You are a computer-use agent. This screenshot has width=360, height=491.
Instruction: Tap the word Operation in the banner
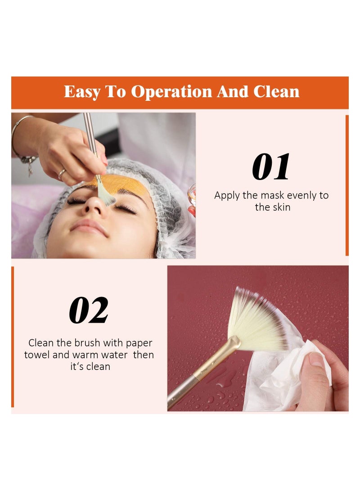tap(172, 92)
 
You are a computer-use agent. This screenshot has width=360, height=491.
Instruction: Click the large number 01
tap(271, 167)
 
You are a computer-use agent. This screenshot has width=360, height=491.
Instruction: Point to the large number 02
tap(89, 311)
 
